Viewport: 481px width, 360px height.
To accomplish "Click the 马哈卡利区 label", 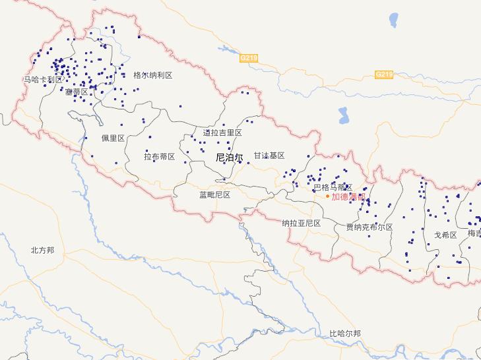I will coord(44,79).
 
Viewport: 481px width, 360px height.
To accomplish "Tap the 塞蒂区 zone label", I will coord(77,92).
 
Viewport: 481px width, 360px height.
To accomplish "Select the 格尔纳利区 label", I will coord(152,75).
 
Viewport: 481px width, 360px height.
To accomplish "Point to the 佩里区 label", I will coord(113,138).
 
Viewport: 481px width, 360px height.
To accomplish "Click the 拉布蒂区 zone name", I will coord(159,156).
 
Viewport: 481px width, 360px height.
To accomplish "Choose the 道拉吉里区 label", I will coord(222,133).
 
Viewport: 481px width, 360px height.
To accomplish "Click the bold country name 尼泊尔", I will coord(229,158).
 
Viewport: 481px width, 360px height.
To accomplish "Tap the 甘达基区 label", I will coord(269,155).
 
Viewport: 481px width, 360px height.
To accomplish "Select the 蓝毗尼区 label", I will coord(214,195).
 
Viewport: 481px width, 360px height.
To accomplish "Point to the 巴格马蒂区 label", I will coord(333,187).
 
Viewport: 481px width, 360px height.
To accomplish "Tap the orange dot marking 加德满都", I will coord(327,196).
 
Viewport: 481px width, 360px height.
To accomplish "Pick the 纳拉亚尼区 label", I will coord(301,223).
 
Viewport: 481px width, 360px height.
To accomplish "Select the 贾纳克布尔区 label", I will coord(369,227).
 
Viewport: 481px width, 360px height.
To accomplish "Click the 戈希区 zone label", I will coord(445,235).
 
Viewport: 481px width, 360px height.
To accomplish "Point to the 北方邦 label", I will coord(42,250).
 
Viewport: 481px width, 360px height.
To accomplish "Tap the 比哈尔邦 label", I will coord(345,333).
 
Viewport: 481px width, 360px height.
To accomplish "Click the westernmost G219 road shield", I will coord(249,58).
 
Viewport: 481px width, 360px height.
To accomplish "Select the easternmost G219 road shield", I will coord(384,75).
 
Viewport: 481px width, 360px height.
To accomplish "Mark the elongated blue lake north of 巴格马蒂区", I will coord(343,116).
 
